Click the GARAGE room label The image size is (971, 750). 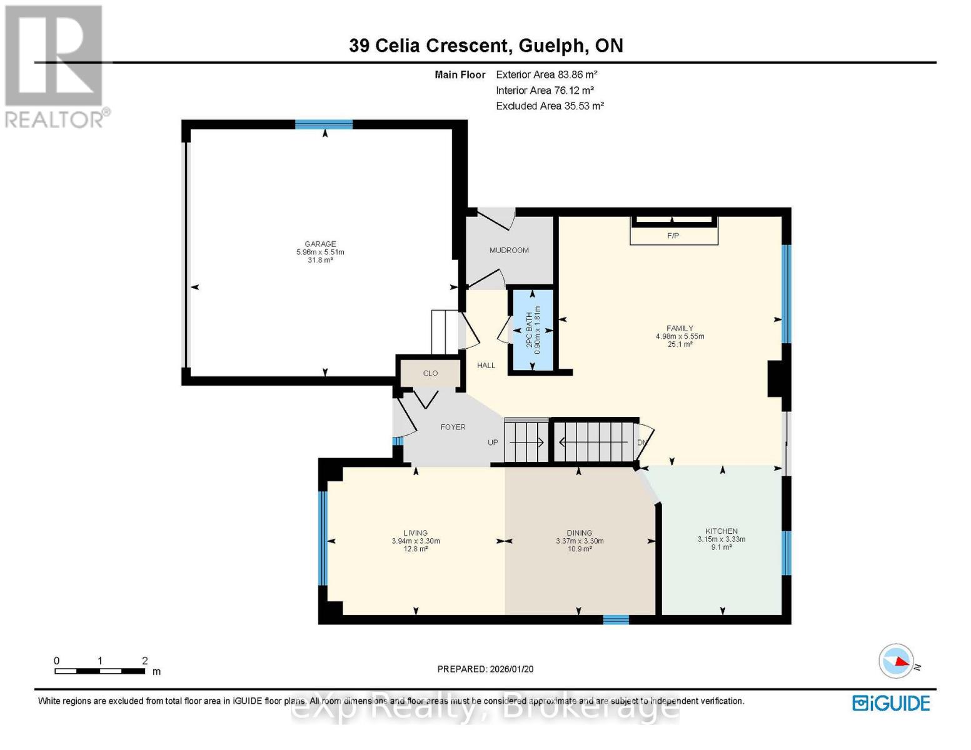click(x=320, y=244)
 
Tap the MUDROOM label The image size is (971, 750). click(x=509, y=250)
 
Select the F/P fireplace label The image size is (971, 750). click(x=673, y=236)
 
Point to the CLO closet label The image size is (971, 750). click(x=430, y=373)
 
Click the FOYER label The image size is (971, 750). click(x=453, y=427)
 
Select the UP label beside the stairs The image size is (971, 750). click(x=493, y=442)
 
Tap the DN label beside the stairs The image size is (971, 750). click(x=641, y=442)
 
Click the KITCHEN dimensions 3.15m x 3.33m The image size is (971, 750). click(x=722, y=539)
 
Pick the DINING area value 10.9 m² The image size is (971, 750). click(x=580, y=549)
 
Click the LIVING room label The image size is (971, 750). click(x=415, y=533)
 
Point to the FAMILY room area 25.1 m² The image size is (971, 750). click(x=680, y=344)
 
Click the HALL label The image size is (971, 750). click(x=486, y=366)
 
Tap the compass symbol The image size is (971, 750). click(x=897, y=661)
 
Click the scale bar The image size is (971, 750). click(x=99, y=671)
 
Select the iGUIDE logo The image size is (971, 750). click(x=891, y=703)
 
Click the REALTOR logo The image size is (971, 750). click(x=55, y=66)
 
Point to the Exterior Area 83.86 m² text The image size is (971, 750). click(x=546, y=74)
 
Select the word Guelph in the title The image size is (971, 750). click(x=553, y=46)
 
